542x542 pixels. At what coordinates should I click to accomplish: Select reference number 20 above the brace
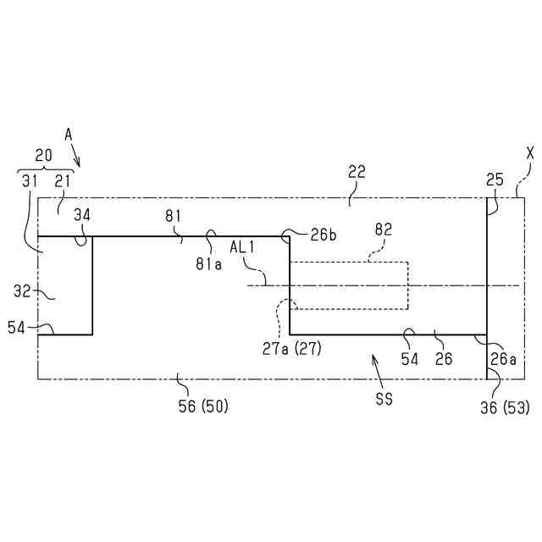[43, 156]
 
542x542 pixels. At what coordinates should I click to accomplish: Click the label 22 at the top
[357, 172]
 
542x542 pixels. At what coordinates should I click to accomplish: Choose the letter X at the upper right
[530, 153]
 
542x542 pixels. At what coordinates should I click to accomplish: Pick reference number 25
[495, 180]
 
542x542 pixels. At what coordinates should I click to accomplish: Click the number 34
[82, 214]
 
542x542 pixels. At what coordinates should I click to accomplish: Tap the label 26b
[324, 235]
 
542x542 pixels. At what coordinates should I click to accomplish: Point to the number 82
[384, 229]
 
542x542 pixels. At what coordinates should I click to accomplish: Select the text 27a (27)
[290, 347]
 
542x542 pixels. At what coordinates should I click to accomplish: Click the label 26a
[502, 359]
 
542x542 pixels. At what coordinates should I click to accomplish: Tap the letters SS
[384, 398]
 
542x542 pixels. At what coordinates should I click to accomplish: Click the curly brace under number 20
[45, 169]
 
